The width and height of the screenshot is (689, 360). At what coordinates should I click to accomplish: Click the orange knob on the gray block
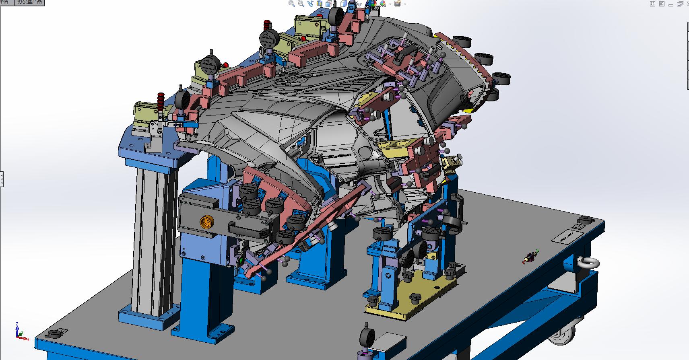[x=207, y=222]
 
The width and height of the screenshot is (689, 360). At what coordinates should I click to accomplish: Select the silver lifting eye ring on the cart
[x=588, y=262]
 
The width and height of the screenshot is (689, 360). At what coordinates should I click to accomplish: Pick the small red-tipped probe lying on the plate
[x=531, y=256]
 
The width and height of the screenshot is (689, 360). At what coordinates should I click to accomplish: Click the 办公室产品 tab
[x=29, y=2]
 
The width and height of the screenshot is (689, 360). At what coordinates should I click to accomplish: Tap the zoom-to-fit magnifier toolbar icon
[x=291, y=4]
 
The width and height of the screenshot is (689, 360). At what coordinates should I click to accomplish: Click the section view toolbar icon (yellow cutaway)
[x=320, y=4]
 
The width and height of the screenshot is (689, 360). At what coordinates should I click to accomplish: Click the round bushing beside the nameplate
[x=586, y=220]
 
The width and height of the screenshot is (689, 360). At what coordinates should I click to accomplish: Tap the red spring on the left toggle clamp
[x=161, y=101]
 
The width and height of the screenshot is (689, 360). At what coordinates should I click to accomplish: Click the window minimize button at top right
[x=670, y=4]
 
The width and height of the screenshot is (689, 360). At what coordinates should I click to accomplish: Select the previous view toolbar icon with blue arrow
[x=310, y=4]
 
